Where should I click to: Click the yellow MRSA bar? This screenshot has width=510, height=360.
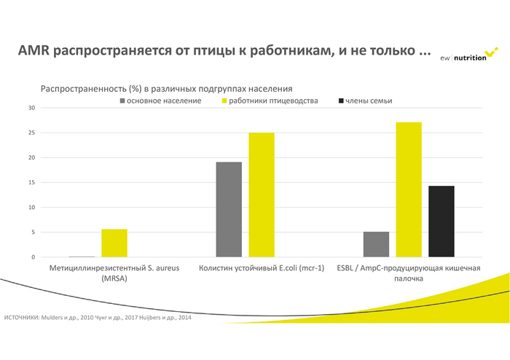pyautogui.click(x=114, y=243)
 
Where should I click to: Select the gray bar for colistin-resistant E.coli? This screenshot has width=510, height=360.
pyautogui.click(x=229, y=210)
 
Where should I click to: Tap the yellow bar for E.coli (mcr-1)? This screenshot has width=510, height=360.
pyautogui.click(x=261, y=195)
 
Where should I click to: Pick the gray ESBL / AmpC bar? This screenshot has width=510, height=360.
pyautogui.click(x=376, y=245)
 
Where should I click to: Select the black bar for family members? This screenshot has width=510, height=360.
pyautogui.click(x=442, y=222)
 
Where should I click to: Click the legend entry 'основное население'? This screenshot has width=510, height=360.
pyautogui.click(x=164, y=100)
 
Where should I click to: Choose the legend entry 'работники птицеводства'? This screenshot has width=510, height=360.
pyautogui.click(x=273, y=100)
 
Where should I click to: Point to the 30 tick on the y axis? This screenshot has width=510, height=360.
pyautogui.click(x=31, y=108)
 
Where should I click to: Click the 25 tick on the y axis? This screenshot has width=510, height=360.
pyautogui.click(x=31, y=133)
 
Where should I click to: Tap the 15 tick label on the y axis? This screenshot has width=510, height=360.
pyautogui.click(x=31, y=183)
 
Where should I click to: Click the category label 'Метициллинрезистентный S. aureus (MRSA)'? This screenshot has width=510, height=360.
pyautogui.click(x=114, y=273)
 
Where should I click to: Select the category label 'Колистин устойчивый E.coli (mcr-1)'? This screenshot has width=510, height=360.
pyautogui.click(x=261, y=268)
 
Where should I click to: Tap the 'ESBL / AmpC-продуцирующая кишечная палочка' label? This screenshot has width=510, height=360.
pyautogui.click(x=409, y=273)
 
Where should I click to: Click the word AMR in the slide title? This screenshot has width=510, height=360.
pyautogui.click(x=33, y=51)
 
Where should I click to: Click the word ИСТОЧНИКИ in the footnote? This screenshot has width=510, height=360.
pyautogui.click(x=22, y=318)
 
